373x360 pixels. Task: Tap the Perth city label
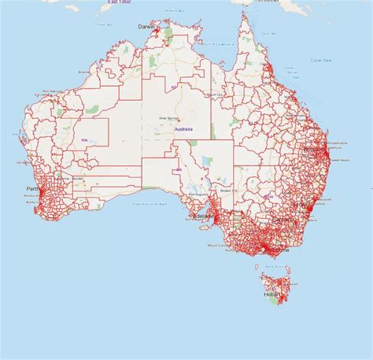coord(33,189)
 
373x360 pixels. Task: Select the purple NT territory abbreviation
coord(174,87)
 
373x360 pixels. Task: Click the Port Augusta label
coord(196,195)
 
